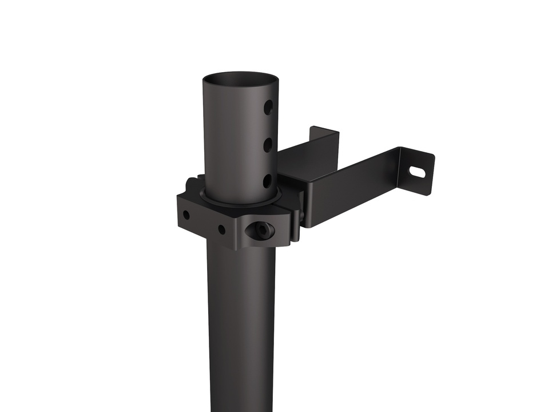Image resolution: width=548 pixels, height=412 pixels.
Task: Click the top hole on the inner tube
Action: (x=268, y=107)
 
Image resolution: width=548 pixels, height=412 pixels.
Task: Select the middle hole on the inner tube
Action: (x=268, y=145)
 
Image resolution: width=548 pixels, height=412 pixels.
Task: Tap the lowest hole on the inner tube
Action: (x=268, y=181)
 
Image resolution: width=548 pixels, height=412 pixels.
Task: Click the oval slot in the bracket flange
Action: (x=417, y=171)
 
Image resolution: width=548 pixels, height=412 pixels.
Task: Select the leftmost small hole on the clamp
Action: (x=186, y=215)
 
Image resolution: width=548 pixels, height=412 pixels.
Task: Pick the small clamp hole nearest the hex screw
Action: (x=221, y=229)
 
